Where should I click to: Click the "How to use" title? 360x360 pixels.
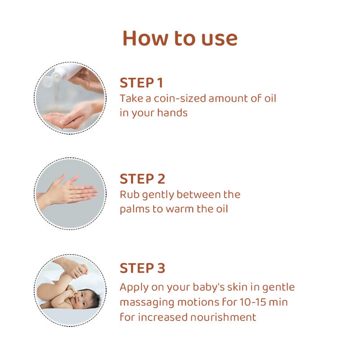(180, 38)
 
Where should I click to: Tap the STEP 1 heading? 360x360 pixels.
(141, 83)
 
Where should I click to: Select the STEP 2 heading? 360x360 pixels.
(142, 179)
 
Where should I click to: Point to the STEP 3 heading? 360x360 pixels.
(142, 268)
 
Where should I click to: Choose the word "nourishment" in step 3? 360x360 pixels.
(223, 317)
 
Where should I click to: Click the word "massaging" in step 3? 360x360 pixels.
(147, 303)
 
